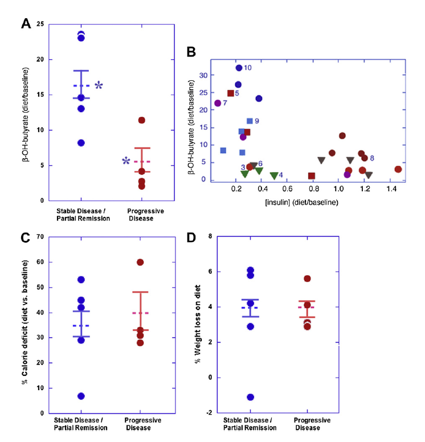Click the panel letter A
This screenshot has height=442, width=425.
[26, 23]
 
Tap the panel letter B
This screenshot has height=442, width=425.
[191, 52]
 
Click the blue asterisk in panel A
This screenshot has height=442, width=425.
[99, 85]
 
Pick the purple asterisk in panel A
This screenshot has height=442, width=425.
[125, 161]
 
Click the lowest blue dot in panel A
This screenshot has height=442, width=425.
[81, 143]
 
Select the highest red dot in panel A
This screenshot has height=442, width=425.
[141, 120]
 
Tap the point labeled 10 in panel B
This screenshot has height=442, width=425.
[239, 68]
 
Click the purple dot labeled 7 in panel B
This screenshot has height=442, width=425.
[218, 103]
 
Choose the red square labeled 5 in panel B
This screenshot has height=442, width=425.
[231, 93]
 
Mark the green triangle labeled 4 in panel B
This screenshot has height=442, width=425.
[274, 176]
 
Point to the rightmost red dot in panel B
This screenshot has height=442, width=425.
[398, 169]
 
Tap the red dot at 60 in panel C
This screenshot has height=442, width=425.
[140, 262]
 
